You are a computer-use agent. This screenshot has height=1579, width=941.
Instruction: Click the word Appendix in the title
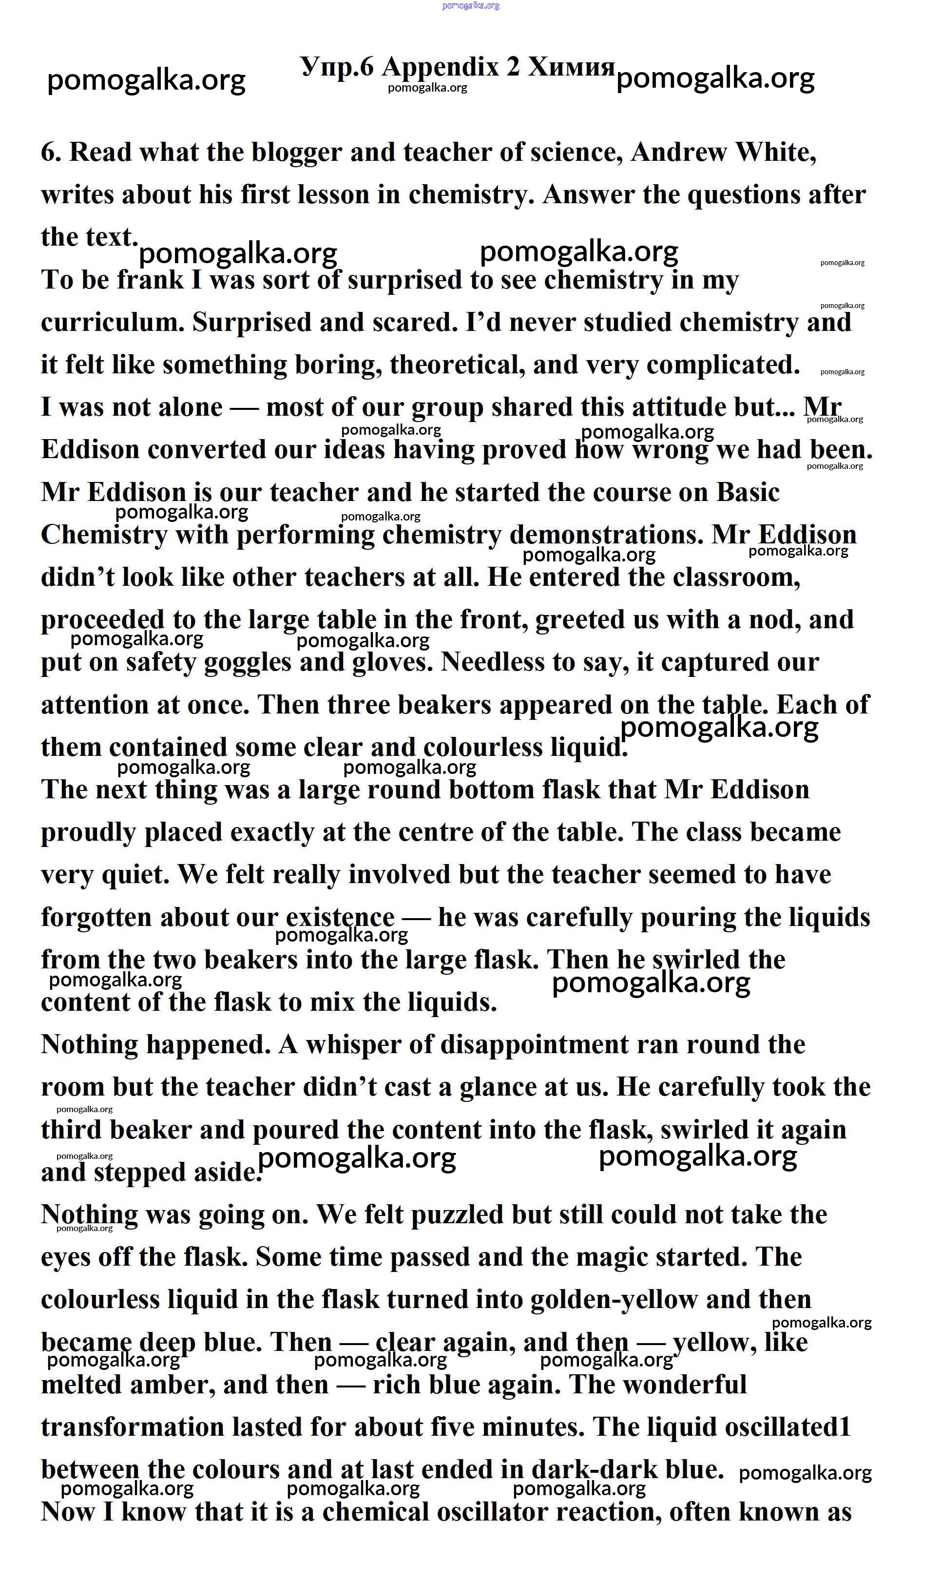tap(440, 67)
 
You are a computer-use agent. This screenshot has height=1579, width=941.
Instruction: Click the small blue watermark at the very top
tap(471, 6)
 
